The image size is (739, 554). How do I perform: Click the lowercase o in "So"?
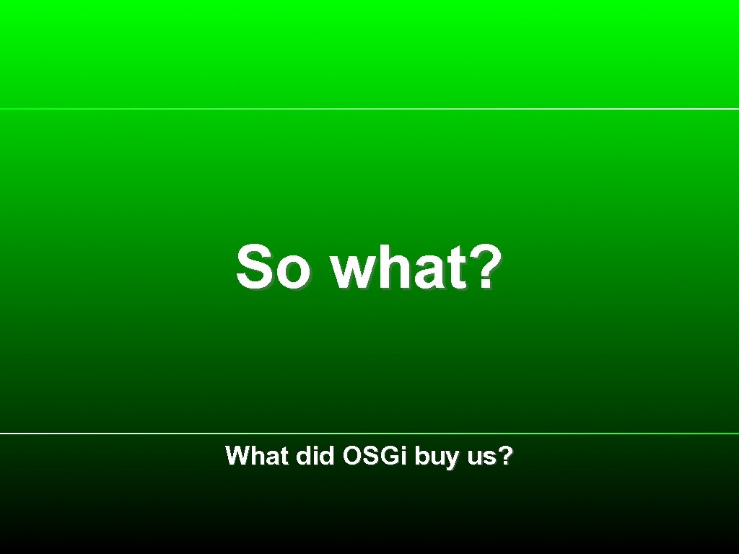297,272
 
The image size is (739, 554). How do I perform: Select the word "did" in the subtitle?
315,456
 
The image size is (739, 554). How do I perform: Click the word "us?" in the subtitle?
490,457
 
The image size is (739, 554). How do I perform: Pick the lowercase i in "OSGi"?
406,456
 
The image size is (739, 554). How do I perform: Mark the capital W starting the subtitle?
237,456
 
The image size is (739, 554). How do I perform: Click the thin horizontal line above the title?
369,109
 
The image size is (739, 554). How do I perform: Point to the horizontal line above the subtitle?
369,434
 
